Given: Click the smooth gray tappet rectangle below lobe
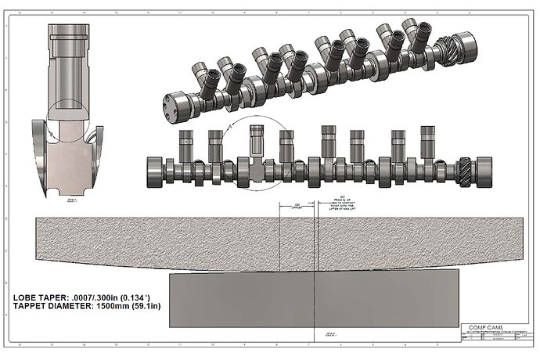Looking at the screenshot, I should (x=313, y=298).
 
